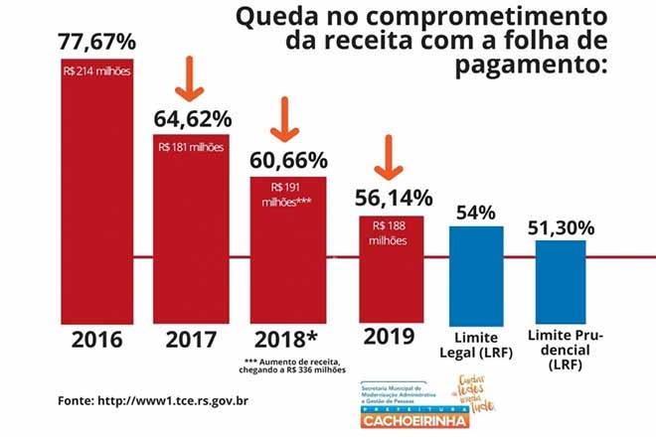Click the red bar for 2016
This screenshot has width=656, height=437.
tap(97, 189)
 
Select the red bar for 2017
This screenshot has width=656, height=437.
tap(191, 228)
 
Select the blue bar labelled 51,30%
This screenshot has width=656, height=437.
tap(562, 278)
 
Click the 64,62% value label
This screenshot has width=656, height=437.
tap(191, 119)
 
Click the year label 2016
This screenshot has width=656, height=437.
tap(97, 338)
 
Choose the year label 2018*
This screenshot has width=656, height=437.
tap(288, 338)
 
